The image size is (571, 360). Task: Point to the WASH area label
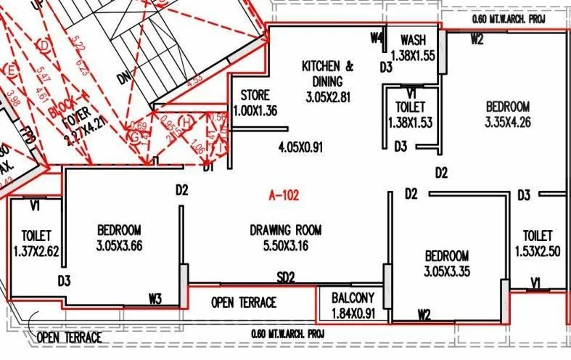(412, 40)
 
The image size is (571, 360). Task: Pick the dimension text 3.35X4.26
(508, 122)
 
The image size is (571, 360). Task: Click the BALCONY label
(353, 298)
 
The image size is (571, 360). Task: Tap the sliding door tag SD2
(286, 277)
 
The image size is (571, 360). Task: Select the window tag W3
(156, 297)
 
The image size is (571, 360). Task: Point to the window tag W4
(376, 38)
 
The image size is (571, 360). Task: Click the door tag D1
(210, 168)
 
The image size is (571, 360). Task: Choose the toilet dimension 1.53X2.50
(538, 251)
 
